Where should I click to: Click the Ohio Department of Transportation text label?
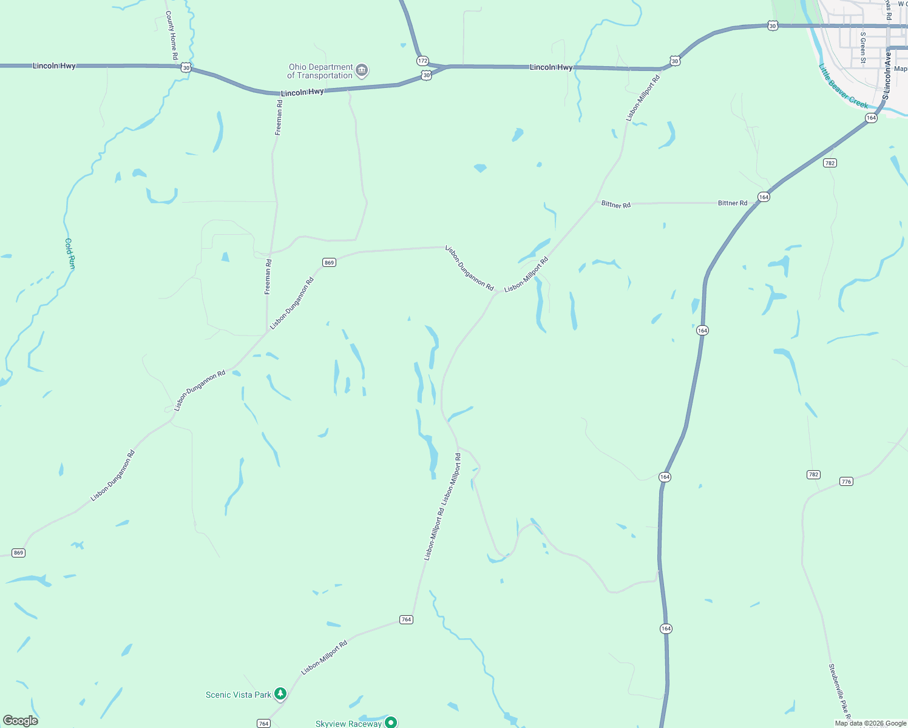coord(320,72)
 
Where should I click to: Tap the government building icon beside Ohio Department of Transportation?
coord(362,71)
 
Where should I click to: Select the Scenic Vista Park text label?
coord(239,695)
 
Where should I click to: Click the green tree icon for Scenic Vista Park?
coord(280,693)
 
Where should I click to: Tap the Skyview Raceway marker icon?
coord(391,722)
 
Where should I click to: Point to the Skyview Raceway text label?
coord(348,723)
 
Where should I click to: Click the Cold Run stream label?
coord(70,254)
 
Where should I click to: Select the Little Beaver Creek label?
coord(843,86)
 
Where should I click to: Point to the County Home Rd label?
coord(172,35)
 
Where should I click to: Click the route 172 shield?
coord(422,61)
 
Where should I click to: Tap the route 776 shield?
coord(846,481)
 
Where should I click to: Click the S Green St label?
coord(862,47)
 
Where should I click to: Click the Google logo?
coord(21,721)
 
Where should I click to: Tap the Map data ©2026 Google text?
coord(870,723)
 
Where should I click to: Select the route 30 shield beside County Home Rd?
coord(186,68)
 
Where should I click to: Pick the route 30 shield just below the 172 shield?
coord(427,75)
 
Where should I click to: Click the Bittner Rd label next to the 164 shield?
coord(733,203)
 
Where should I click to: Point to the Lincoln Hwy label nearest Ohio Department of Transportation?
coord(302,92)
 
